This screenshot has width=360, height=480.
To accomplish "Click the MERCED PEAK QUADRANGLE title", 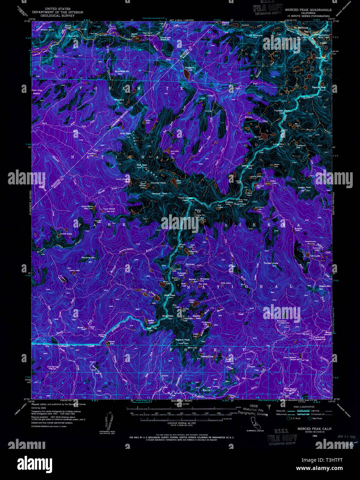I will (308, 10).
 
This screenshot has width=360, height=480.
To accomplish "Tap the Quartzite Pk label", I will (123, 71).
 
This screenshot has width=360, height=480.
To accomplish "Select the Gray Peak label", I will (125, 133).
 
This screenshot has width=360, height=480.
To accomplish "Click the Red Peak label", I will (142, 165).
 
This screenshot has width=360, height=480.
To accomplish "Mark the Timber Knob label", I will (271, 263).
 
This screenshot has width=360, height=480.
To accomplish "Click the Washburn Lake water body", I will (186, 74).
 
